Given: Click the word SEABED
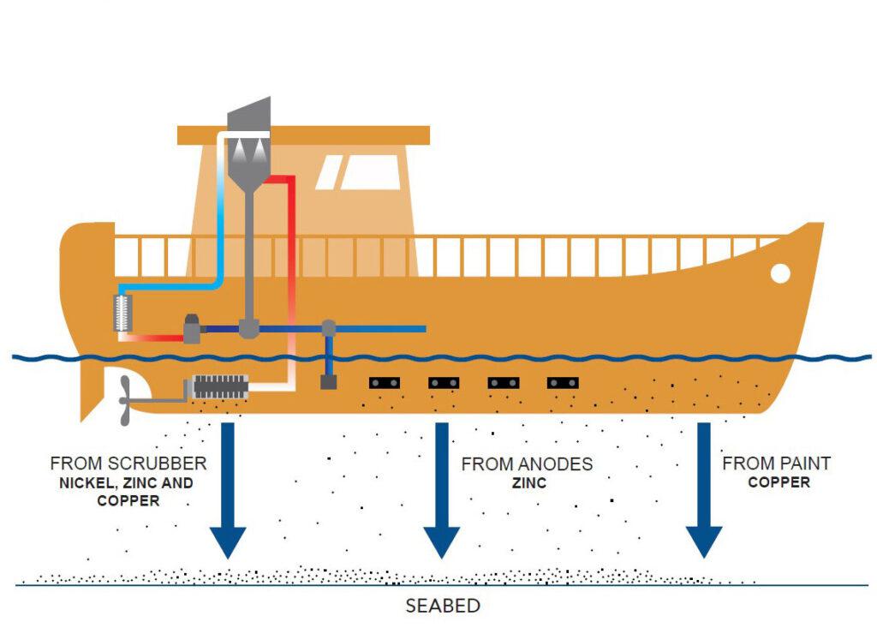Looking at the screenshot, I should point(442,606).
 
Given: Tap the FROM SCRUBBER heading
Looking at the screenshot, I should point(128,464).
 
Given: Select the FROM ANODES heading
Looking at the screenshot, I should point(527,464).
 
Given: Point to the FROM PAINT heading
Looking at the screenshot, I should point(777,464).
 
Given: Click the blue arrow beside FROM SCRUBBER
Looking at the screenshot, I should point(227,488).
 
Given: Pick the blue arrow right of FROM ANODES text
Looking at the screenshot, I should point(442,488).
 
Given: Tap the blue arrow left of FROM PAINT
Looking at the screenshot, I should point(704,488).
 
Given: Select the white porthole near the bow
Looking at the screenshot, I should point(780,273).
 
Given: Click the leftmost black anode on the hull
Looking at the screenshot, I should point(385,383).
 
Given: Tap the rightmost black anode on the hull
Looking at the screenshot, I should point(563,383).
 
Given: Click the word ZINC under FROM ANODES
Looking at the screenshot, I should point(527,483).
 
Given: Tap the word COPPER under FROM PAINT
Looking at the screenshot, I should point(779,482).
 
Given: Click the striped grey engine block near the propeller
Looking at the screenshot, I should point(220,386).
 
